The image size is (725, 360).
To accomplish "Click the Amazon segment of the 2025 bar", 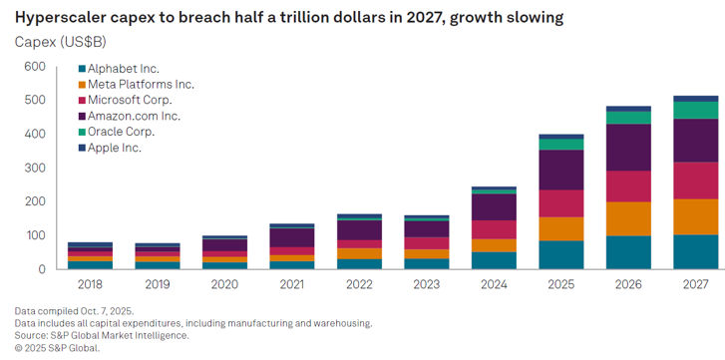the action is [560, 170].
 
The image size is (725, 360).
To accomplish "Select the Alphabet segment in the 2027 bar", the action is [696, 252].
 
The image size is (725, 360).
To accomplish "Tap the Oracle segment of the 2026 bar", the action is [628, 118].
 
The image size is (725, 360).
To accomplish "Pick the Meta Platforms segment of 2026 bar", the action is [628, 219].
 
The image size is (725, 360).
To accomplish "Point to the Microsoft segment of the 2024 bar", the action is [494, 229].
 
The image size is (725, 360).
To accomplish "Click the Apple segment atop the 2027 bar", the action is [696, 99].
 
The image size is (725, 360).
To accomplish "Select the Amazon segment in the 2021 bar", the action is [292, 237].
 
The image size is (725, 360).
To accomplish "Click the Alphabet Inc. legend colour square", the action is [82, 70].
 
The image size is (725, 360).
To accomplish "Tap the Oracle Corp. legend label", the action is [121, 132].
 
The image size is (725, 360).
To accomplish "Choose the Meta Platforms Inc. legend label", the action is [141, 85].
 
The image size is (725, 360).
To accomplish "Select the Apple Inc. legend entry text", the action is [115, 148].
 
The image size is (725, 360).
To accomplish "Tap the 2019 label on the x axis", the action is [157, 284].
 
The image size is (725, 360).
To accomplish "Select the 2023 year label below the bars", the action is [426, 284].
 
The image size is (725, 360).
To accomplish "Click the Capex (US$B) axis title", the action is [61, 43].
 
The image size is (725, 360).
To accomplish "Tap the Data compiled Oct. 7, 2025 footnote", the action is [75, 310].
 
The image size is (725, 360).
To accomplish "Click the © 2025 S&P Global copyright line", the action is [57, 348].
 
